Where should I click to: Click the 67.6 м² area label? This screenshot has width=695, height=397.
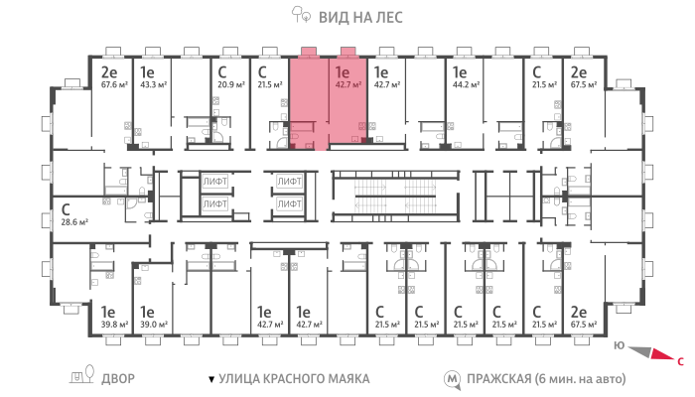coord(114,84)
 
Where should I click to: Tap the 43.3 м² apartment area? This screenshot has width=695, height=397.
coord(153,84)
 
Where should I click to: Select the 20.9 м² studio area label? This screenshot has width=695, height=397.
coord(231,84)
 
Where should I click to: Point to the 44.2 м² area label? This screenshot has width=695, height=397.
coord(466,84)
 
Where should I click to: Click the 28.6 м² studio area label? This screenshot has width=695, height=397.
coord(74,222)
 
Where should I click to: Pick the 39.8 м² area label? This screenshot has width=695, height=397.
coord(114,325)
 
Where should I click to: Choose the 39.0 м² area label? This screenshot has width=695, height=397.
coord(153,325)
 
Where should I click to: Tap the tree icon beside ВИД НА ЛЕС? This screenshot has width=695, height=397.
coord(301,14)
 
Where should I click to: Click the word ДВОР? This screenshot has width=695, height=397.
coord(118,379)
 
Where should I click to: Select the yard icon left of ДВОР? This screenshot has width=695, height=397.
coord(82,374)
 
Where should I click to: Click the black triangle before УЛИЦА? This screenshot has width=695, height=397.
coord(211,380)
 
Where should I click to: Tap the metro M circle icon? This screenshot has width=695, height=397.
coord(452,379)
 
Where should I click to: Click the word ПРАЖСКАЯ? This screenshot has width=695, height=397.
coord(499,379)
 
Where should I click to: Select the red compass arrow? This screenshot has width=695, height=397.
coord(662,354)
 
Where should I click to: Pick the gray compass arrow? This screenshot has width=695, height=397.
coord(640,351)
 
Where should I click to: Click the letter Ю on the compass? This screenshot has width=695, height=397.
coord(620,345)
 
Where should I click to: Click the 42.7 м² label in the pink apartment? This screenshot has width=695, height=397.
coord(348,84)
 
